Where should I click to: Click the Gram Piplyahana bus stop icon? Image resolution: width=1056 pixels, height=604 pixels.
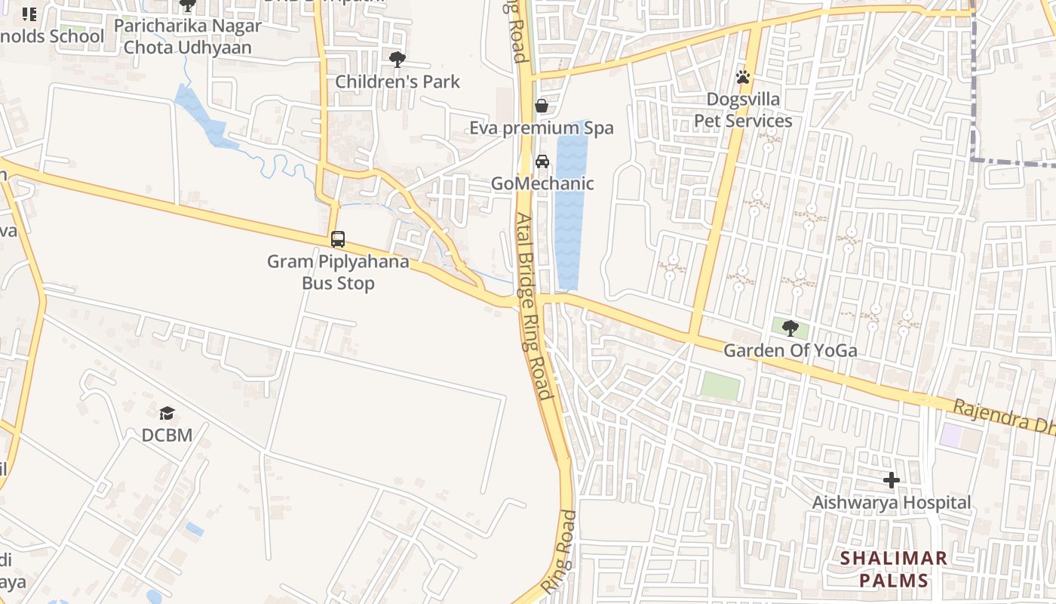click(x=338, y=239)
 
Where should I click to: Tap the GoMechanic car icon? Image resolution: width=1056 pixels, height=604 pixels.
click(x=542, y=162)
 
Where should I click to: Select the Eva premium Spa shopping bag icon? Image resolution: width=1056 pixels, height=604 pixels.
click(x=541, y=106)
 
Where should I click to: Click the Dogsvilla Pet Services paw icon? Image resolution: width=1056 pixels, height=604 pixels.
click(x=743, y=77)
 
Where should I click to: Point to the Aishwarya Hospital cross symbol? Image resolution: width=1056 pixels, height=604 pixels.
click(x=892, y=480)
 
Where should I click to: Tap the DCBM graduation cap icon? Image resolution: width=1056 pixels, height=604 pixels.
click(x=167, y=413)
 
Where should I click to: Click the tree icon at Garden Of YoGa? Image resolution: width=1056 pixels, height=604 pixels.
click(x=790, y=328)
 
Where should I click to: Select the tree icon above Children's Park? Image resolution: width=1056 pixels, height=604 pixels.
click(x=397, y=59)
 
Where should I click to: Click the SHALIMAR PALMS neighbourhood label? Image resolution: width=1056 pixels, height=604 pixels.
click(x=894, y=569)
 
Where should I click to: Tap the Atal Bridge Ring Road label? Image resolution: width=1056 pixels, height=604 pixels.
click(x=534, y=306)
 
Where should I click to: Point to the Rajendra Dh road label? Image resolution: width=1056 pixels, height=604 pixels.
click(x=1003, y=417)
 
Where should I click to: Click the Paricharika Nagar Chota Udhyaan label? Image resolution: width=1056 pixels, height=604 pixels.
click(x=188, y=36)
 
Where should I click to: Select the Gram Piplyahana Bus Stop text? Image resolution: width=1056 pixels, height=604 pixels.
click(x=338, y=273)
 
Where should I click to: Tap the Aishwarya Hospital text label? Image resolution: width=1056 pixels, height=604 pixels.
click(x=892, y=503)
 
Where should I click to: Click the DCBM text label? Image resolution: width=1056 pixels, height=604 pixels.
click(x=167, y=436)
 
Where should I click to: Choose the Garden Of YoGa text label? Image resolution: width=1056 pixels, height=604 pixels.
click(x=790, y=350)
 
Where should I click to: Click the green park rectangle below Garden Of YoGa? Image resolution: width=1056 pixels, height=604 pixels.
click(x=720, y=386)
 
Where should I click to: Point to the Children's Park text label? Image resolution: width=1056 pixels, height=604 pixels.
click(x=397, y=82)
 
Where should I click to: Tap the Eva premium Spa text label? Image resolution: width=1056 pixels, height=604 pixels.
click(x=541, y=128)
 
